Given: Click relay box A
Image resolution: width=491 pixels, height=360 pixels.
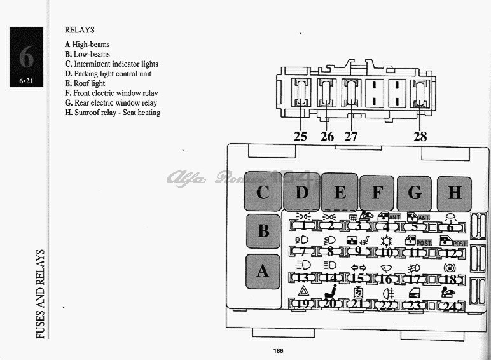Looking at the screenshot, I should click(x=263, y=271).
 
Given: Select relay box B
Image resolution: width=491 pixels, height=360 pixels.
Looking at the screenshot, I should click(x=263, y=231).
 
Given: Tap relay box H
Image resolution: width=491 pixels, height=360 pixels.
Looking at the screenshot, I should click(x=454, y=193).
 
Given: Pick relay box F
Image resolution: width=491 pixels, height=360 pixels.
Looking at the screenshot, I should click(x=377, y=193).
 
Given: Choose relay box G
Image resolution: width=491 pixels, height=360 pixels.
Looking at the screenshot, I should click(x=415, y=193).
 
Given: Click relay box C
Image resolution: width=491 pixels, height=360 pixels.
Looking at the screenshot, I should click(x=263, y=192).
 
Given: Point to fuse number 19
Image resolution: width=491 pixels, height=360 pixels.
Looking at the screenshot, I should click(x=303, y=304).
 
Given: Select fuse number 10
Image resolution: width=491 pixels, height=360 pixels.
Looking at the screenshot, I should click(x=386, y=252).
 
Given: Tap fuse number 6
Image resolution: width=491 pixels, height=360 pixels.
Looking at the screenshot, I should click(x=450, y=226).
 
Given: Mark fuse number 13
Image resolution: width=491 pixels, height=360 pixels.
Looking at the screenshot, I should click(x=303, y=278).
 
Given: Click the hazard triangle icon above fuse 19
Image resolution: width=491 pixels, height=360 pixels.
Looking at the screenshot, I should click(x=303, y=291).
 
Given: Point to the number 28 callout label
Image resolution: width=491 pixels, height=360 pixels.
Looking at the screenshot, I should click(x=420, y=135).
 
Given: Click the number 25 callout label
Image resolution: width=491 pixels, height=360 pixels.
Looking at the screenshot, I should click(x=300, y=135).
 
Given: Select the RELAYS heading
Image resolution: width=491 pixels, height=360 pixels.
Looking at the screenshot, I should click(x=80, y=29).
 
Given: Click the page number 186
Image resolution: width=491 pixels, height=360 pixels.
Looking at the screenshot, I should click(x=278, y=350).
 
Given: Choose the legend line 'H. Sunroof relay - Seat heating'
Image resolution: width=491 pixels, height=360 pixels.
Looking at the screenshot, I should click(x=113, y=113).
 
